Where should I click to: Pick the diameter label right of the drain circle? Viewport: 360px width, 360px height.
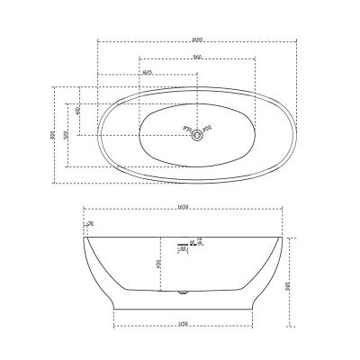(x=208, y=128)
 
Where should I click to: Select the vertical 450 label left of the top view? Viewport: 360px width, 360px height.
(x=79, y=111)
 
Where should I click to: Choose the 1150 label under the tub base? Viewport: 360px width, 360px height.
(x=186, y=325)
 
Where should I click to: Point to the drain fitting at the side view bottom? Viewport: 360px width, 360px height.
(x=185, y=292)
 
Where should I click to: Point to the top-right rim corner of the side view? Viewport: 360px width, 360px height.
(x=286, y=237)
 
